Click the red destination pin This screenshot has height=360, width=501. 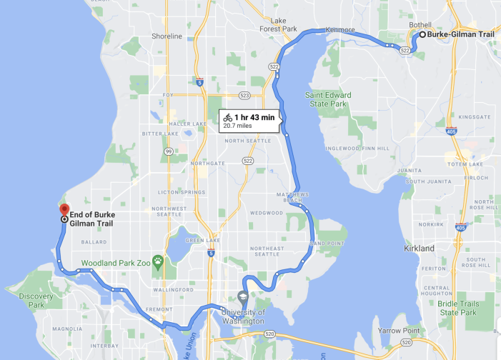pyautogui.click(x=64, y=210)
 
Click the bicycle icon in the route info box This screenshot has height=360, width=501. pyautogui.click(x=227, y=117)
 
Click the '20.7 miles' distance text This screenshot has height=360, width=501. pyautogui.click(x=239, y=126)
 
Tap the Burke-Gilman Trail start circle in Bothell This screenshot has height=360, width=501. pyautogui.click(x=422, y=34)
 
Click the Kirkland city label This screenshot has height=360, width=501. pyautogui.click(x=418, y=248)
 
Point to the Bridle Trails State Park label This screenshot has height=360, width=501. pyautogui.click(x=458, y=308)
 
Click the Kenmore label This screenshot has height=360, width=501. pyautogui.click(x=339, y=30)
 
